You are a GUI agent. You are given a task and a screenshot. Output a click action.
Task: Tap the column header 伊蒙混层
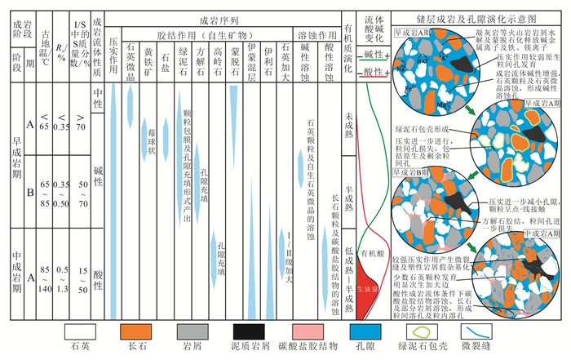[x=252, y=56]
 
